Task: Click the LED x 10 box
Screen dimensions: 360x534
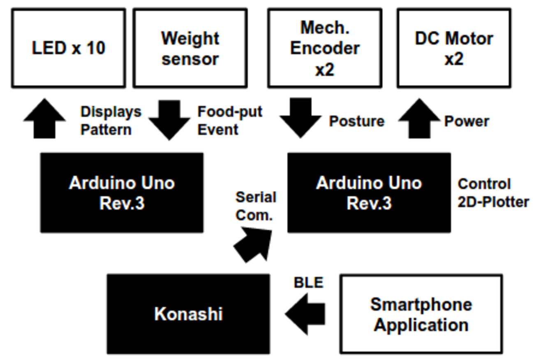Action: pyautogui.click(x=68, y=48)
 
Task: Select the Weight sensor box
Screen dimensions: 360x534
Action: pyautogui.click(x=190, y=48)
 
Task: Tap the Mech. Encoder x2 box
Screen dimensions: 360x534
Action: pyautogui.click(x=324, y=48)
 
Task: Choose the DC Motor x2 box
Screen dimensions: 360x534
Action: pyautogui.click(x=454, y=48)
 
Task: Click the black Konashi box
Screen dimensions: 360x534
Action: pyautogui.click(x=188, y=314)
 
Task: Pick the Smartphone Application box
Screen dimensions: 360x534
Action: pyautogui.click(x=421, y=314)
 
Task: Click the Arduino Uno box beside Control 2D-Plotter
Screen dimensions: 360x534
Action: pyautogui.click(x=369, y=193)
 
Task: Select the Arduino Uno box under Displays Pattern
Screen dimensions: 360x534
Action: pyautogui.click(x=122, y=193)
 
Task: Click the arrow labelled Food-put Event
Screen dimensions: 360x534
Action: pyautogui.click(x=169, y=119)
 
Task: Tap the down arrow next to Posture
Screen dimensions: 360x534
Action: pyautogui.click(x=301, y=118)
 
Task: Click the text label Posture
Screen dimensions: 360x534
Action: pyautogui.click(x=357, y=121)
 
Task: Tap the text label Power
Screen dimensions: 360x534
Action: pyautogui.click(x=467, y=121)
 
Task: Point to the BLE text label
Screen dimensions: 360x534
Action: pyautogui.click(x=308, y=283)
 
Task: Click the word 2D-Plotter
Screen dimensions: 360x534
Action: pyautogui.click(x=493, y=202)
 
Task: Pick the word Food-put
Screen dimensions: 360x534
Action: pyautogui.click(x=230, y=111)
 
